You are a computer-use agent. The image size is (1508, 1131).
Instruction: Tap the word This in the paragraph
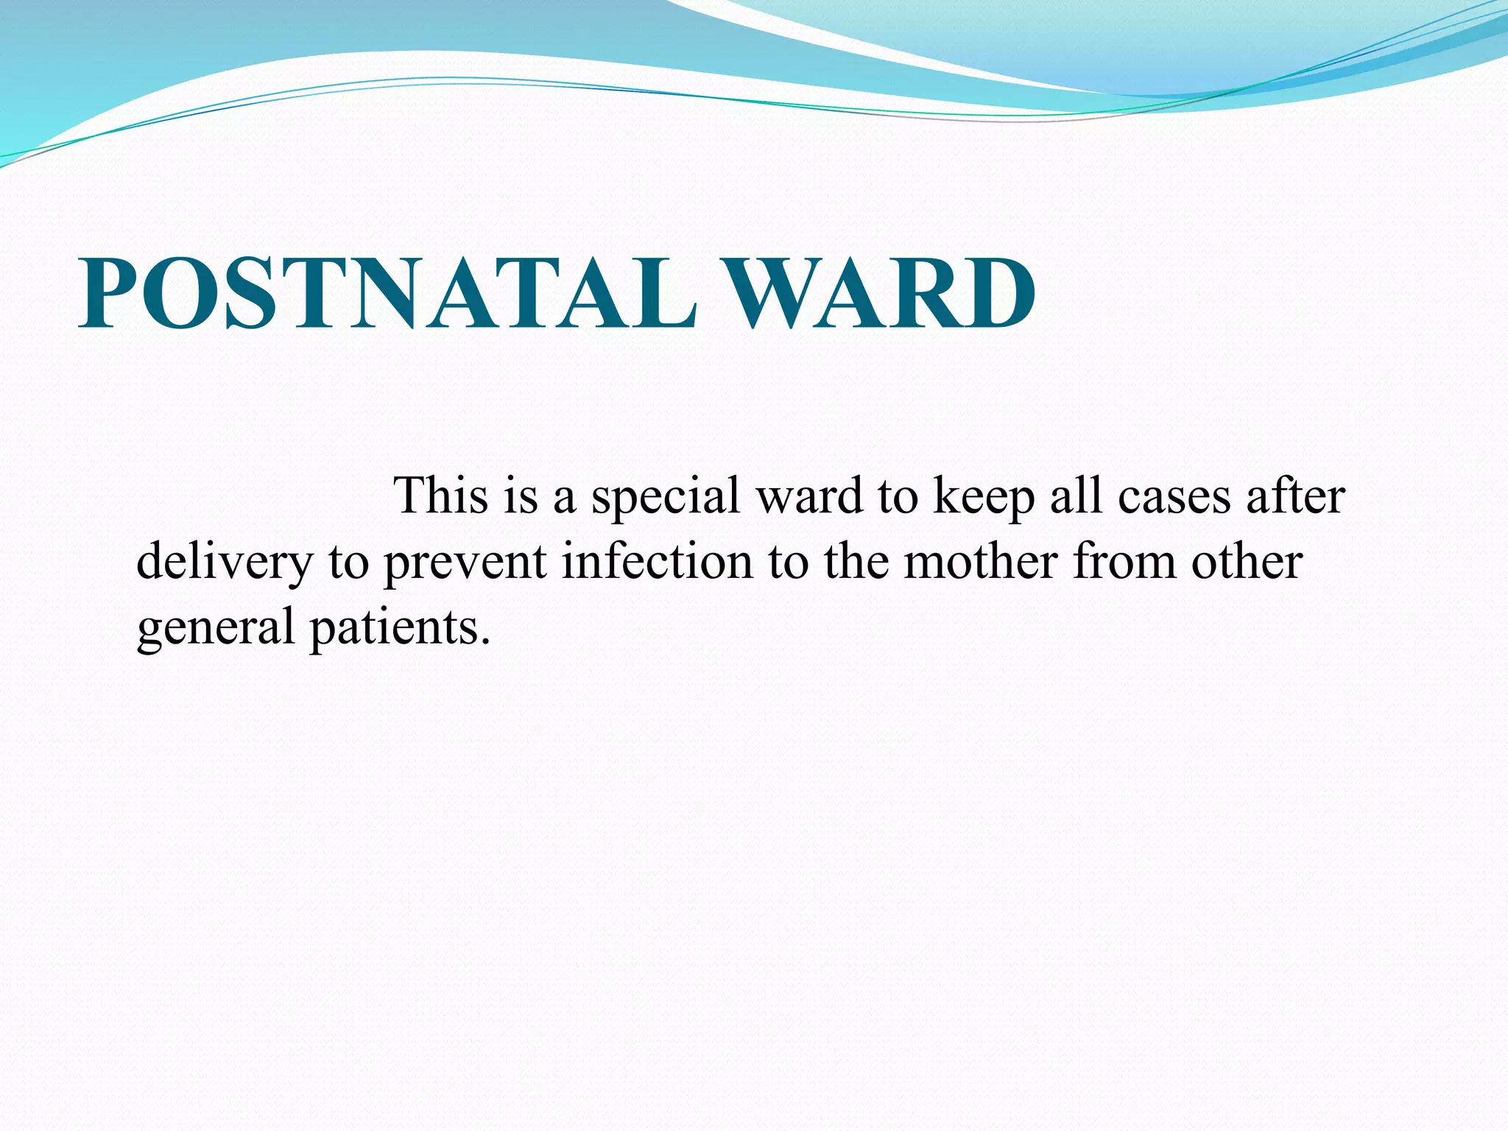(441, 495)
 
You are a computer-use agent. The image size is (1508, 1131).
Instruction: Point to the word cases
(1174, 496)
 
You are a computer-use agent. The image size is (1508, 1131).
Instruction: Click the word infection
(658, 561)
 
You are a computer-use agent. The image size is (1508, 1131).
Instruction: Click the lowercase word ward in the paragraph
(809, 495)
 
